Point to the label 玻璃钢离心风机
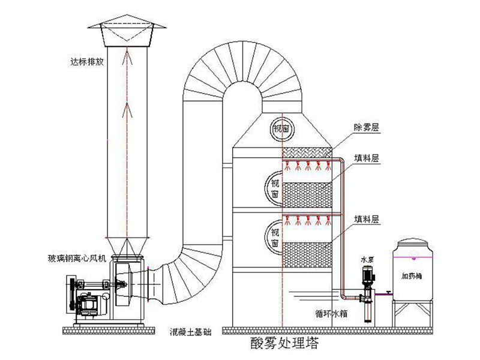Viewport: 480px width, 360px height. point(77,259)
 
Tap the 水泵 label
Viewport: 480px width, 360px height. point(367,260)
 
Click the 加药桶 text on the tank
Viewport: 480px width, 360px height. point(414,277)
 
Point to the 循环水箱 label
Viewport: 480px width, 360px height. point(331,313)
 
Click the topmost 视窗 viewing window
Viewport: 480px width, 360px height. point(282,127)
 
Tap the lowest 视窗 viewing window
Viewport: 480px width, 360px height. point(275,237)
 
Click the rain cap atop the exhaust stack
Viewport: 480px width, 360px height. point(127,30)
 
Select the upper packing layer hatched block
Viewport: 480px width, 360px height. point(307,194)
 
